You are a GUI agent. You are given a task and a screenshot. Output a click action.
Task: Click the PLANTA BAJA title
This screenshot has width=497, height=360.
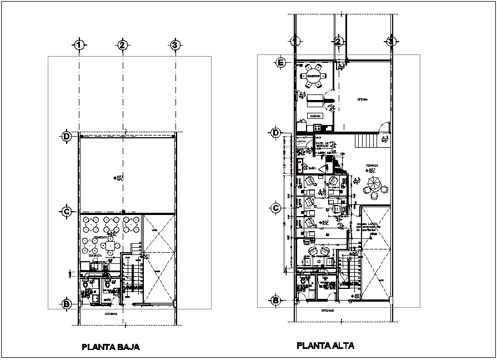pyautogui.click(x=111, y=347)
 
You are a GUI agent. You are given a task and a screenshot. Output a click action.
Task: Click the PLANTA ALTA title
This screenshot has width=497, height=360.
pyautogui.click(x=325, y=346)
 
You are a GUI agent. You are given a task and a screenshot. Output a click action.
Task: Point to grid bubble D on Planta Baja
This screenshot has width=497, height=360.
pyautogui.click(x=66, y=136)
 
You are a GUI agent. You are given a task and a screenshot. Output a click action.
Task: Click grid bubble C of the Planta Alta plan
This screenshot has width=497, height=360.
pyautogui.click(x=275, y=208)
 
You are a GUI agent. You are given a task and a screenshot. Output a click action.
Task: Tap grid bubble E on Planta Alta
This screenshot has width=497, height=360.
pyautogui.click(x=281, y=63)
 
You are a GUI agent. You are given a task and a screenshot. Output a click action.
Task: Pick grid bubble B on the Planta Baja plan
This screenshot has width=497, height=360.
pyautogui.click(x=66, y=304)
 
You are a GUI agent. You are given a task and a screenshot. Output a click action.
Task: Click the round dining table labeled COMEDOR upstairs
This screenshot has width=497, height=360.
pyautogui.click(x=314, y=77)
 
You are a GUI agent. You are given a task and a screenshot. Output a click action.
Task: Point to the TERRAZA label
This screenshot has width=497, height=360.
pyautogui.click(x=372, y=166)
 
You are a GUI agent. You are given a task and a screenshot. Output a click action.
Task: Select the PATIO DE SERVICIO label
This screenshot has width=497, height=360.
pyautogui.click(x=323, y=145)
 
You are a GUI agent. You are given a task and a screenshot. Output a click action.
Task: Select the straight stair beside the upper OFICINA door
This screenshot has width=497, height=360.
pyautogui.click(x=366, y=141)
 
